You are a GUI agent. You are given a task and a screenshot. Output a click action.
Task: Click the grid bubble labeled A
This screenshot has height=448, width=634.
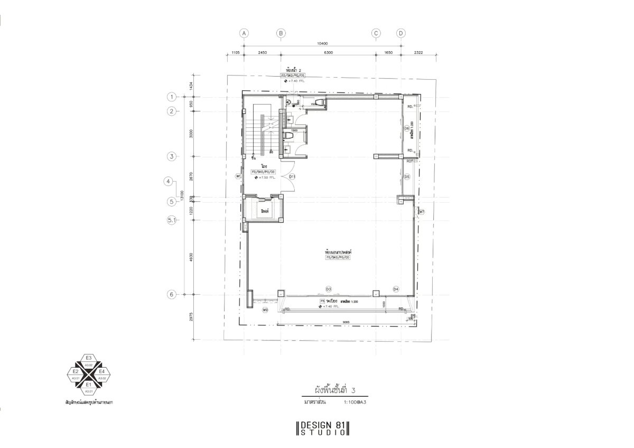(244, 33)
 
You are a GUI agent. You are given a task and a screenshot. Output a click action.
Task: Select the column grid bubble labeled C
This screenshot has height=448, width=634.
(376, 33)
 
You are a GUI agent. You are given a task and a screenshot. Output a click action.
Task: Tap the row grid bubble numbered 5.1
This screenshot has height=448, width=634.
(171, 220)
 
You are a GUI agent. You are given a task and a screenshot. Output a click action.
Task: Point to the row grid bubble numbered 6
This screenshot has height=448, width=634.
(171, 294)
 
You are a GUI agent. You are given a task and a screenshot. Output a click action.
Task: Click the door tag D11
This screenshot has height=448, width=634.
(292, 176)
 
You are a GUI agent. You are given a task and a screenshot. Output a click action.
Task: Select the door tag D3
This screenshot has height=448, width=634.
(328, 289)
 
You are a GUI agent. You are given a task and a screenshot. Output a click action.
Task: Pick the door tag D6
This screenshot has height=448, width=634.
(407, 128)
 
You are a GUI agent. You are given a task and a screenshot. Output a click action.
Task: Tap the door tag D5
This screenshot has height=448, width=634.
(407, 176)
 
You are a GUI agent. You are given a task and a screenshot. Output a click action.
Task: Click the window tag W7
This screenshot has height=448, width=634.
(422, 212)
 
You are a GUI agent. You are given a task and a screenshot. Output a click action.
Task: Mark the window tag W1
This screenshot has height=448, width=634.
(238, 175)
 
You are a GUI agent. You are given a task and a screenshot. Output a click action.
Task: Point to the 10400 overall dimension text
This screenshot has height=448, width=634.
(322, 43)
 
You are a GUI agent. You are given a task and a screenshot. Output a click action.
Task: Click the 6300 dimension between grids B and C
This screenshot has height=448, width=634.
(328, 53)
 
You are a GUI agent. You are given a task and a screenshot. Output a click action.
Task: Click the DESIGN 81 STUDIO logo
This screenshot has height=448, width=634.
(323, 428)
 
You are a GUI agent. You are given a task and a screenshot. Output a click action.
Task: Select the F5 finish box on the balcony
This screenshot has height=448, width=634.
(322, 302)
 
